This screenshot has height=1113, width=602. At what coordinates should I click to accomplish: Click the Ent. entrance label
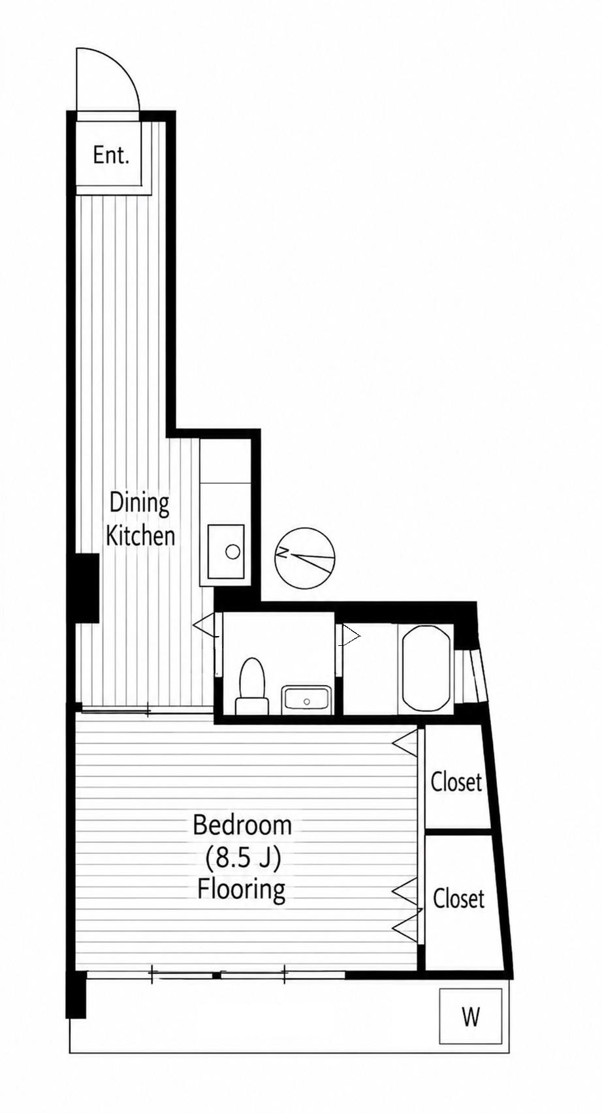(x=111, y=155)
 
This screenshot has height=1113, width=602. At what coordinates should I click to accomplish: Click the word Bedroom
(x=242, y=825)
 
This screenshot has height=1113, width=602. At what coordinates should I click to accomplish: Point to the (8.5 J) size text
(x=243, y=858)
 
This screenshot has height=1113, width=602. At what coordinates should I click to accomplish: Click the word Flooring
(x=242, y=891)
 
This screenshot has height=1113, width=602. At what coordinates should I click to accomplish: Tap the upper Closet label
(x=456, y=782)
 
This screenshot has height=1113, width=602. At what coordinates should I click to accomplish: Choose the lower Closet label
(x=458, y=898)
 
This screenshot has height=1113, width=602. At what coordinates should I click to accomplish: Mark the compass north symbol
(x=305, y=556)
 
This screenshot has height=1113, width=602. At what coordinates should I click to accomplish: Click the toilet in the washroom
(x=251, y=686)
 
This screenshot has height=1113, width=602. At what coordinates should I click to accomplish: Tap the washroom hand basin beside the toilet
(x=306, y=699)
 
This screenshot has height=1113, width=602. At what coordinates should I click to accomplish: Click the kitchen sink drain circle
(x=232, y=551)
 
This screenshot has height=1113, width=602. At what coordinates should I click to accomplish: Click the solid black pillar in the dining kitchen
(x=87, y=588)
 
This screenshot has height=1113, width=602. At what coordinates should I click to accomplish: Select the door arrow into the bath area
(x=351, y=635)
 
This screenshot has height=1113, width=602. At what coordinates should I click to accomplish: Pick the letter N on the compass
(x=284, y=553)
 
